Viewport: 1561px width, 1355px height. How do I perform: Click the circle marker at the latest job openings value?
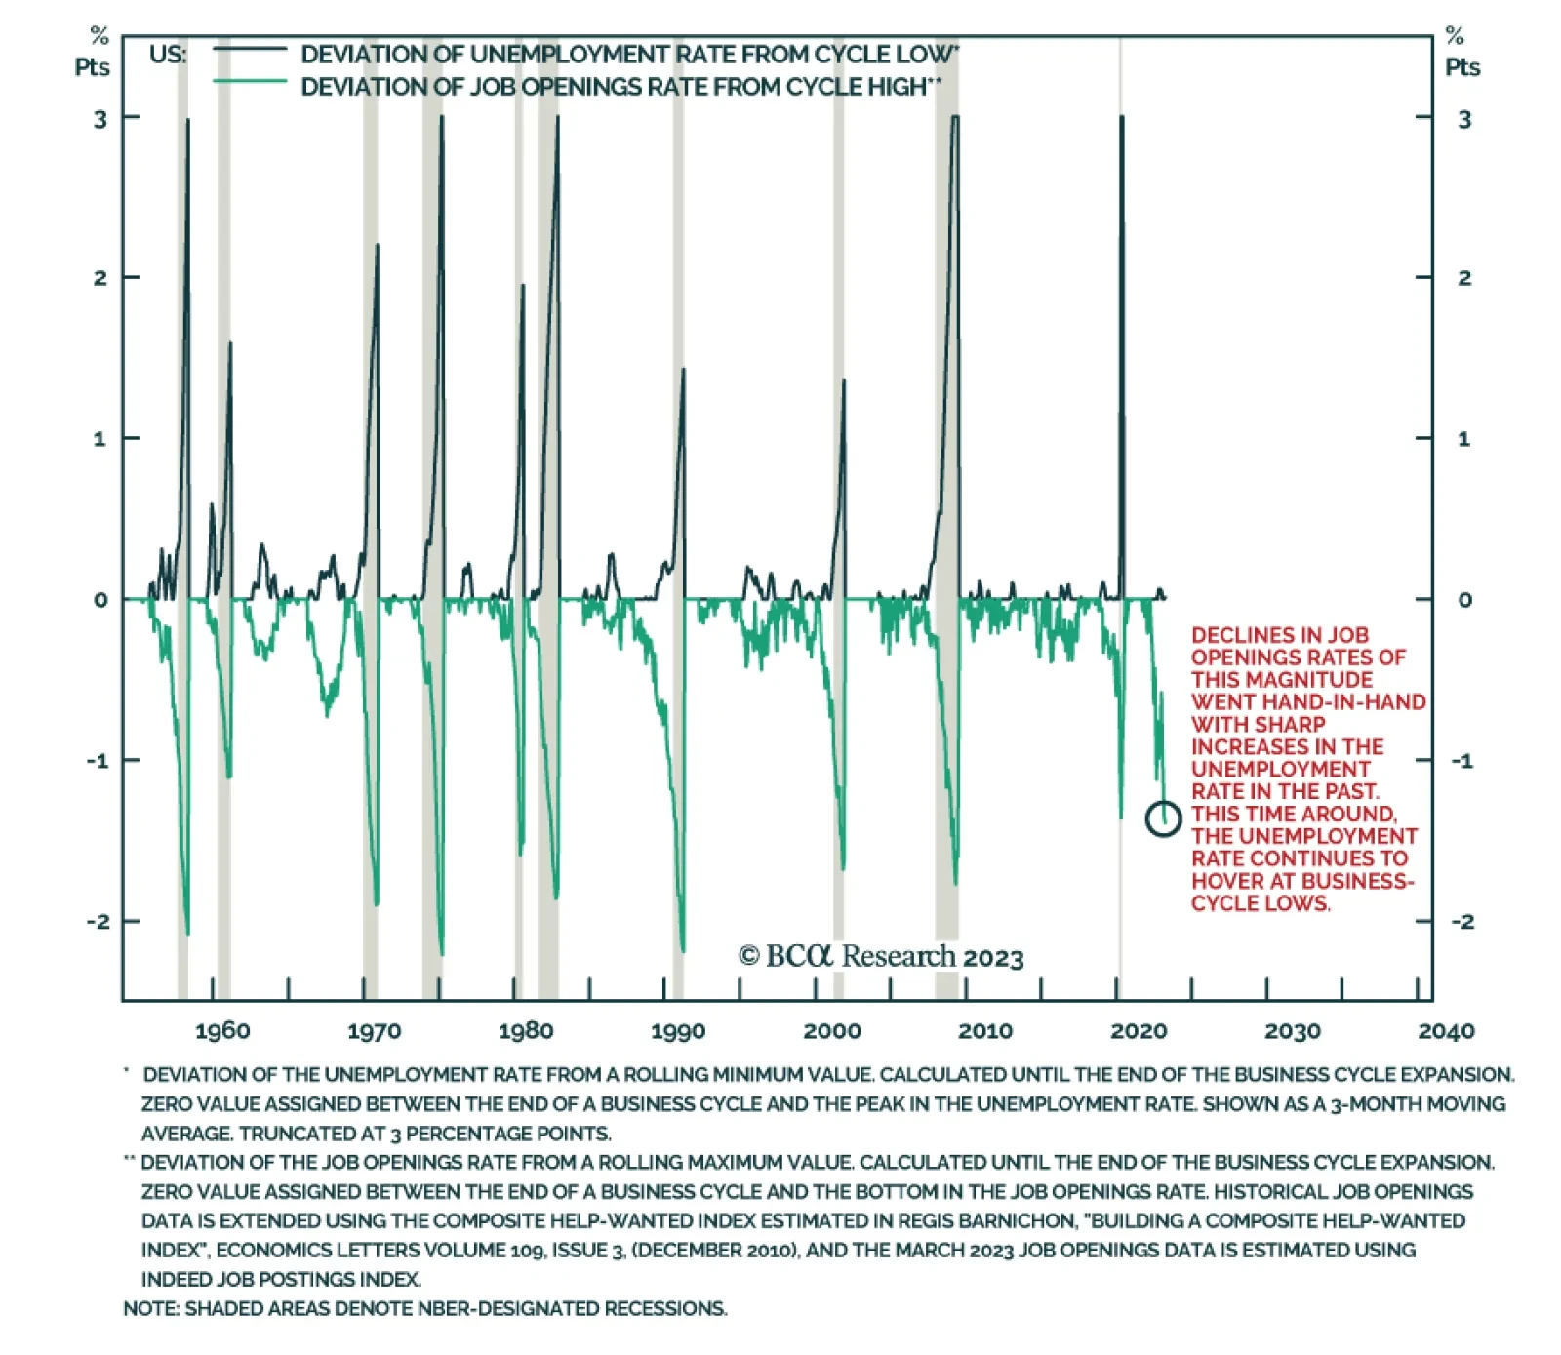tap(1163, 817)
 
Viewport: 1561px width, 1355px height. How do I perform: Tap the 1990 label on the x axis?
tap(678, 1031)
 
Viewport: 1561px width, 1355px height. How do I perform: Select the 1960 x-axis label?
tap(222, 1031)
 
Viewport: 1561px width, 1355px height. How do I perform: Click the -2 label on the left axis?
tap(98, 921)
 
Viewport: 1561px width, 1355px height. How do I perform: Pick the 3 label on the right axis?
tap(1463, 119)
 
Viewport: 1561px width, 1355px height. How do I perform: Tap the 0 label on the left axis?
tap(100, 600)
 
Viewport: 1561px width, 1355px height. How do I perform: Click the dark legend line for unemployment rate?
tap(250, 49)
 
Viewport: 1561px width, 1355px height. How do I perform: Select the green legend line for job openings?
tap(250, 81)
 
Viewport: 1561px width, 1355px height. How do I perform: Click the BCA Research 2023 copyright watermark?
tap(881, 956)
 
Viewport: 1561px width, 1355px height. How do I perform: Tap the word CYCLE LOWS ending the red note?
tap(1260, 903)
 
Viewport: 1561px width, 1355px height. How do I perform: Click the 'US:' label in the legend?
tap(168, 55)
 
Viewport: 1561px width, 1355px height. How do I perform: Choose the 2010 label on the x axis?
tap(984, 1031)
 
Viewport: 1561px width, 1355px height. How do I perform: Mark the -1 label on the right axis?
tap(1461, 761)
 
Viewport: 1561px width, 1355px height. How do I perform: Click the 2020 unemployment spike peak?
tap(1122, 118)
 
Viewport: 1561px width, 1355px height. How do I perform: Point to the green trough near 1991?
tap(683, 949)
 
